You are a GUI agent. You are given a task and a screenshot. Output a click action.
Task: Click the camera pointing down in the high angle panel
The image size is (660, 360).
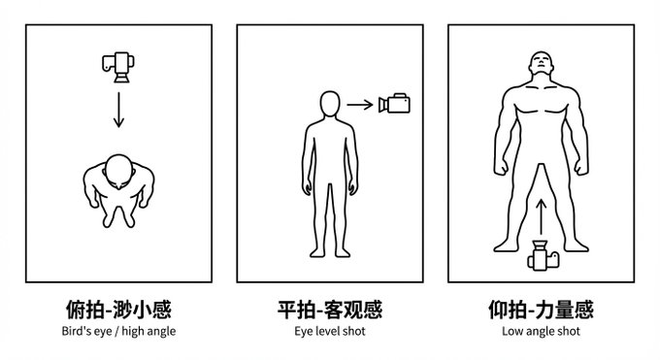[x=118, y=67]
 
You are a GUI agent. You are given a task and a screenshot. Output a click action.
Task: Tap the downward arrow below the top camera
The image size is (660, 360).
[x=118, y=110]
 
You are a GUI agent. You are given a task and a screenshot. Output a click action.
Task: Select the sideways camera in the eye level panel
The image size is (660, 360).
[x=394, y=104]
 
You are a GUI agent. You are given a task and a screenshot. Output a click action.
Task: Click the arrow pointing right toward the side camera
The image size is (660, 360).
[x=360, y=105]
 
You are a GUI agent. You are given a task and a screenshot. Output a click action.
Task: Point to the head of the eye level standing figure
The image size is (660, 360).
[x=330, y=104]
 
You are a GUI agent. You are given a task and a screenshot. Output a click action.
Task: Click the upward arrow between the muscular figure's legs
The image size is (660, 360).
[x=542, y=216]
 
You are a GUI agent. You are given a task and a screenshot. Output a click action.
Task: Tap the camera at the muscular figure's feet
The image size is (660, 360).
[x=543, y=255]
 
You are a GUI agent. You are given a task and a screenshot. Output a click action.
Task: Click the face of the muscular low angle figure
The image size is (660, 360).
[x=541, y=64]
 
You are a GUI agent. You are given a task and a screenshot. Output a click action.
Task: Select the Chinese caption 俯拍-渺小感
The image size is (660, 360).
[x=118, y=310]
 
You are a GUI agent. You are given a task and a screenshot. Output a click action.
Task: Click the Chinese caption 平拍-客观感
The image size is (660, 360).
[x=330, y=310]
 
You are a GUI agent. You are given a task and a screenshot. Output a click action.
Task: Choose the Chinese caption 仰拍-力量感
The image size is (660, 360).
[x=542, y=310]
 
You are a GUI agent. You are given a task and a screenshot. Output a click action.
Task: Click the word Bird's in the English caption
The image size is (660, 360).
[x=76, y=331]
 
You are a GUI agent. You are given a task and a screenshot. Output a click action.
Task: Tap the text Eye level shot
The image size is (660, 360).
[x=330, y=331]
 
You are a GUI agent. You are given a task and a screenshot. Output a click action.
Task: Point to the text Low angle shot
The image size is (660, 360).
[x=541, y=331]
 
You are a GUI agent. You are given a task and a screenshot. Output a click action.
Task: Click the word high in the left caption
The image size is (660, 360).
[x=133, y=331]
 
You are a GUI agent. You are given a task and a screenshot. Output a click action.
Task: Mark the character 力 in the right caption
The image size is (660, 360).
[x=543, y=310]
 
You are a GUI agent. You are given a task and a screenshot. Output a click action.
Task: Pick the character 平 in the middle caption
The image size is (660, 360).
[x=287, y=310]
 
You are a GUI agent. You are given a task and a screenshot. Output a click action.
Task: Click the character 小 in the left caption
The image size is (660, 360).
[x=142, y=310]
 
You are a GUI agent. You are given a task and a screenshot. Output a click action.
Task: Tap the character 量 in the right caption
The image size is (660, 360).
[x=563, y=310]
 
